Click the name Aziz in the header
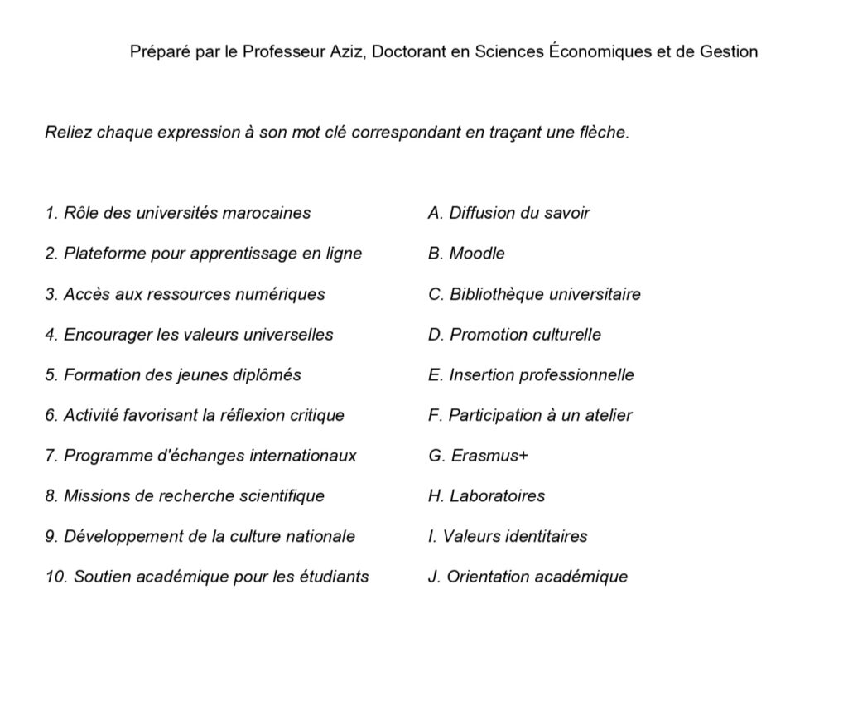pos(349,51)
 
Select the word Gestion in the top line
pos(729,51)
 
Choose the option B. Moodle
pos(466,254)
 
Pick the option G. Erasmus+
pos(478,456)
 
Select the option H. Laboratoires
pos(486,496)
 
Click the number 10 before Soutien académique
pos(55,577)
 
